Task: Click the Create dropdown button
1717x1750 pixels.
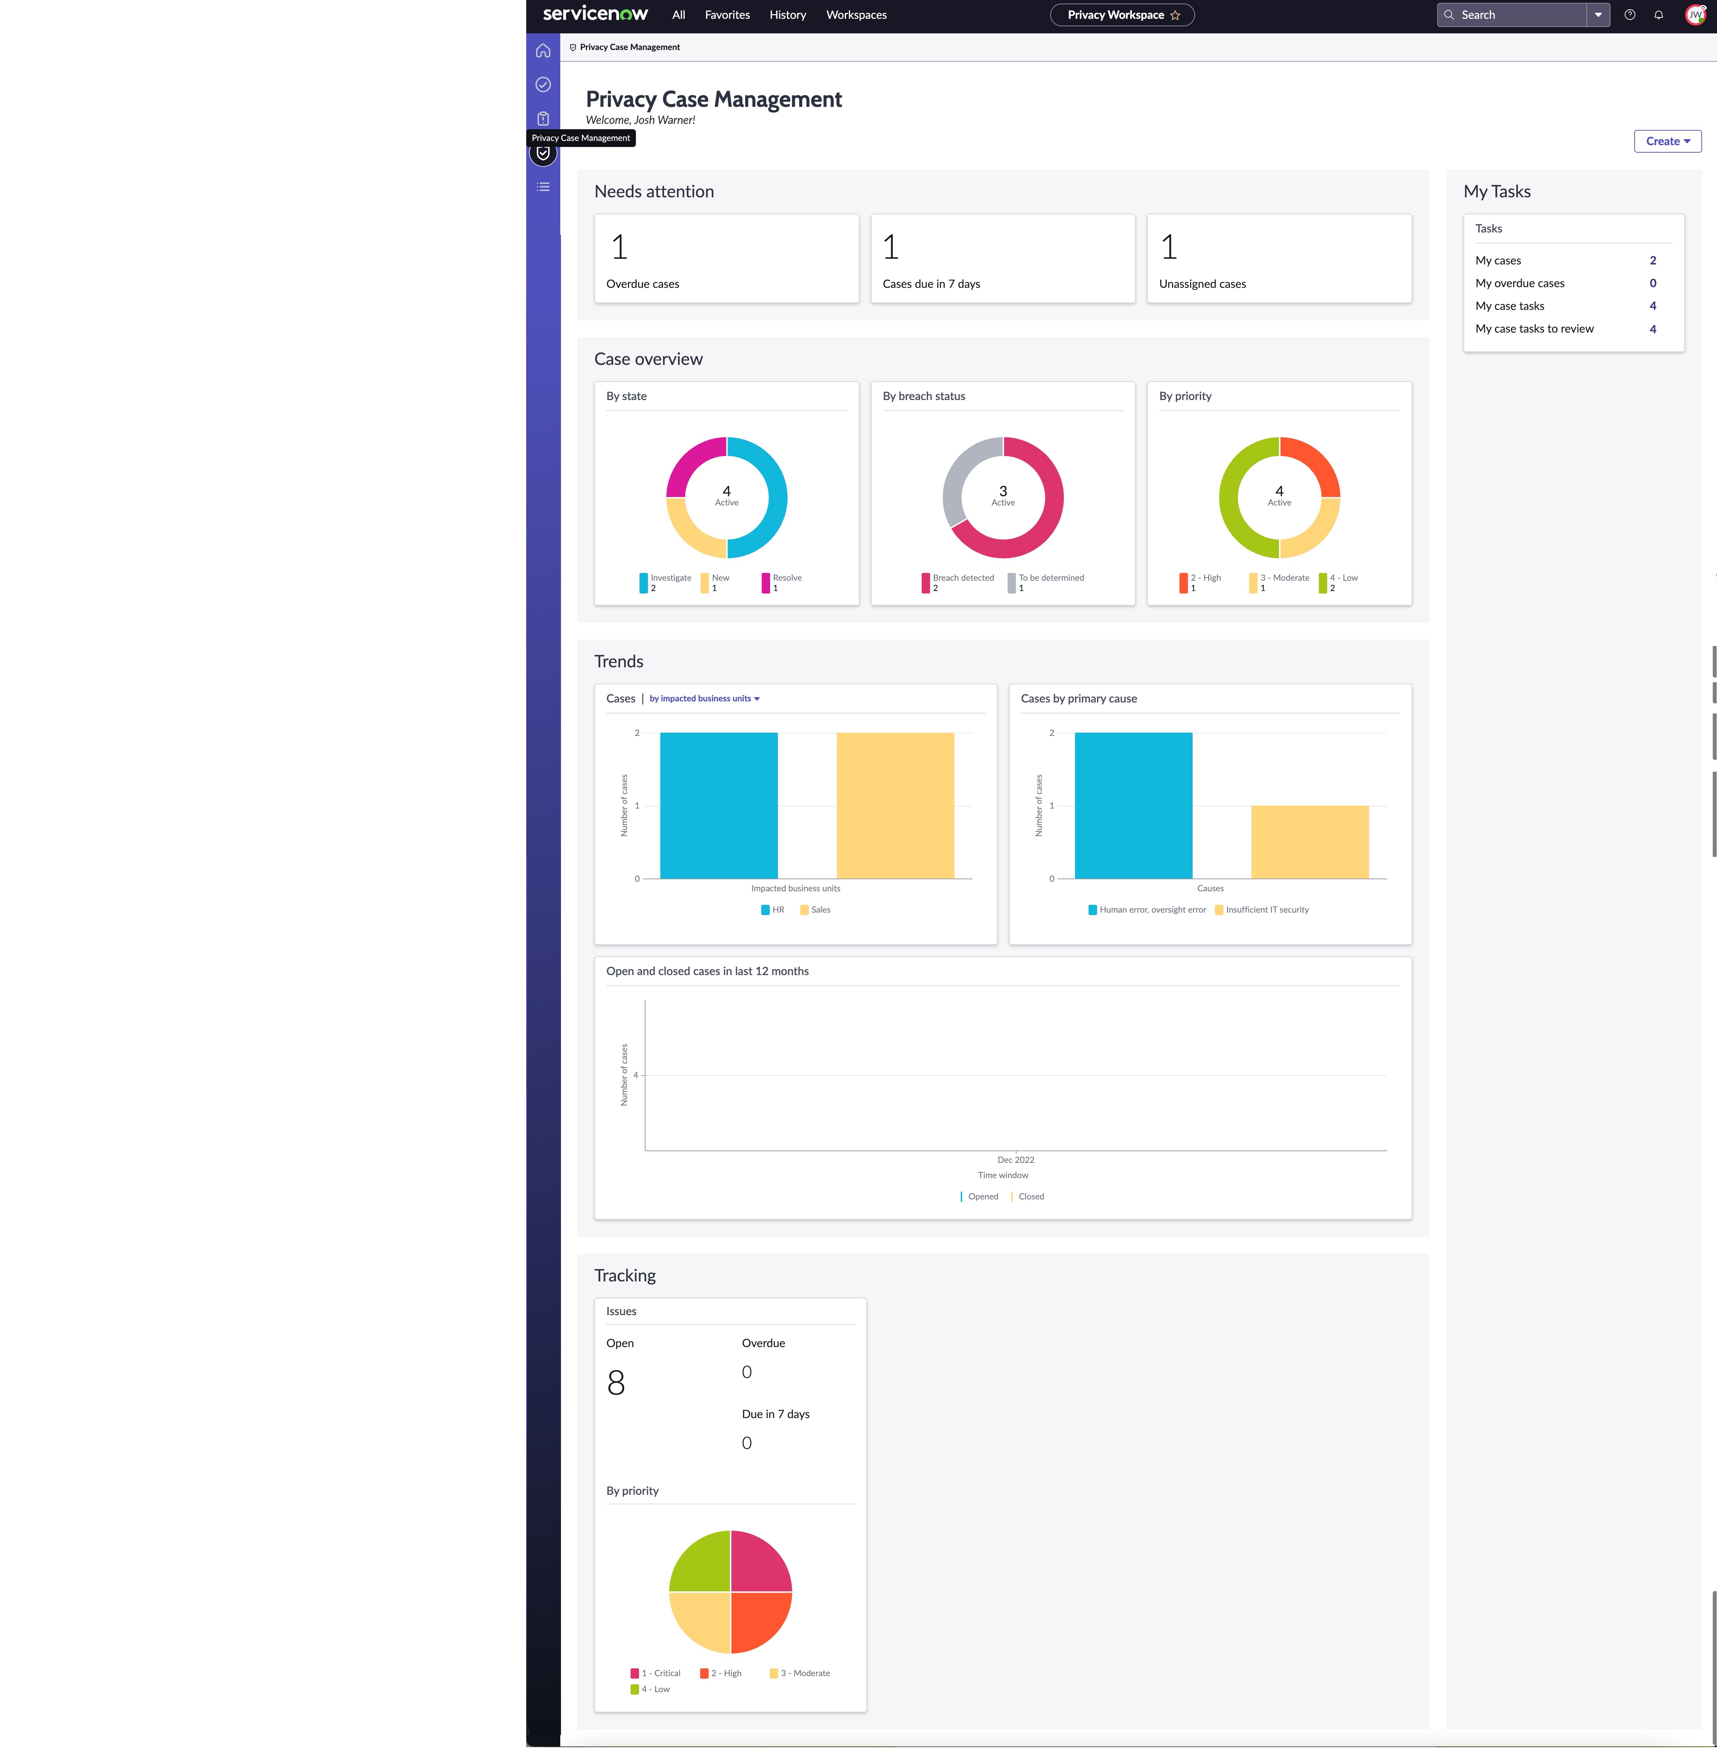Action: [1667, 142]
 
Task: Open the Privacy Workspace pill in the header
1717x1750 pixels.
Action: [1122, 15]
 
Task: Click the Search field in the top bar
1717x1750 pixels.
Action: [1511, 15]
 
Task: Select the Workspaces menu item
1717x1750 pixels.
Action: [856, 15]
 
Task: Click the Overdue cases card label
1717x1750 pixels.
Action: [642, 284]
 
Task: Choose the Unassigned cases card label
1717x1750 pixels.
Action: [1202, 284]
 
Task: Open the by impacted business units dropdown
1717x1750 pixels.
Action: [704, 699]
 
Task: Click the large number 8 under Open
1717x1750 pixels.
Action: [616, 1383]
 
